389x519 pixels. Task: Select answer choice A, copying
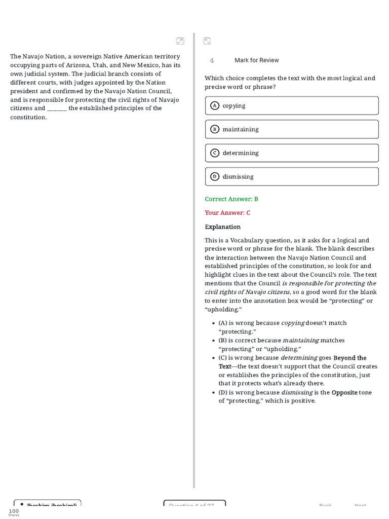point(292,105)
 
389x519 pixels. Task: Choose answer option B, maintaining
point(292,129)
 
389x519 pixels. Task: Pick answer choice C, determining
point(292,153)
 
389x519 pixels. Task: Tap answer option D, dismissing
point(292,176)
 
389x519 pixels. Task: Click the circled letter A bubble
point(214,105)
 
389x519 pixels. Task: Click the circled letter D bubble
point(214,176)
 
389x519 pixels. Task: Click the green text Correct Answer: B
point(231,199)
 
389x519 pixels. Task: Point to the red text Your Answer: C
point(227,213)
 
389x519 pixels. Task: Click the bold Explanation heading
point(222,227)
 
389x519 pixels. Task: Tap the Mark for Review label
point(256,60)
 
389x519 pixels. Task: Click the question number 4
point(212,60)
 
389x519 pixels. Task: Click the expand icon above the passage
point(180,41)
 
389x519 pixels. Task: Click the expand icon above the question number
point(207,41)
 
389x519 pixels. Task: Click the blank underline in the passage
point(57,108)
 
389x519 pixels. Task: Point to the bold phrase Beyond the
point(349,358)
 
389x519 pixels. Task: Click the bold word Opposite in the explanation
point(344,392)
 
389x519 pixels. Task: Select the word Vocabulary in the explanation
point(250,240)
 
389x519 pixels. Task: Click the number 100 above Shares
point(14,511)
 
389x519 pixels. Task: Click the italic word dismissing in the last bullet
point(296,392)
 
